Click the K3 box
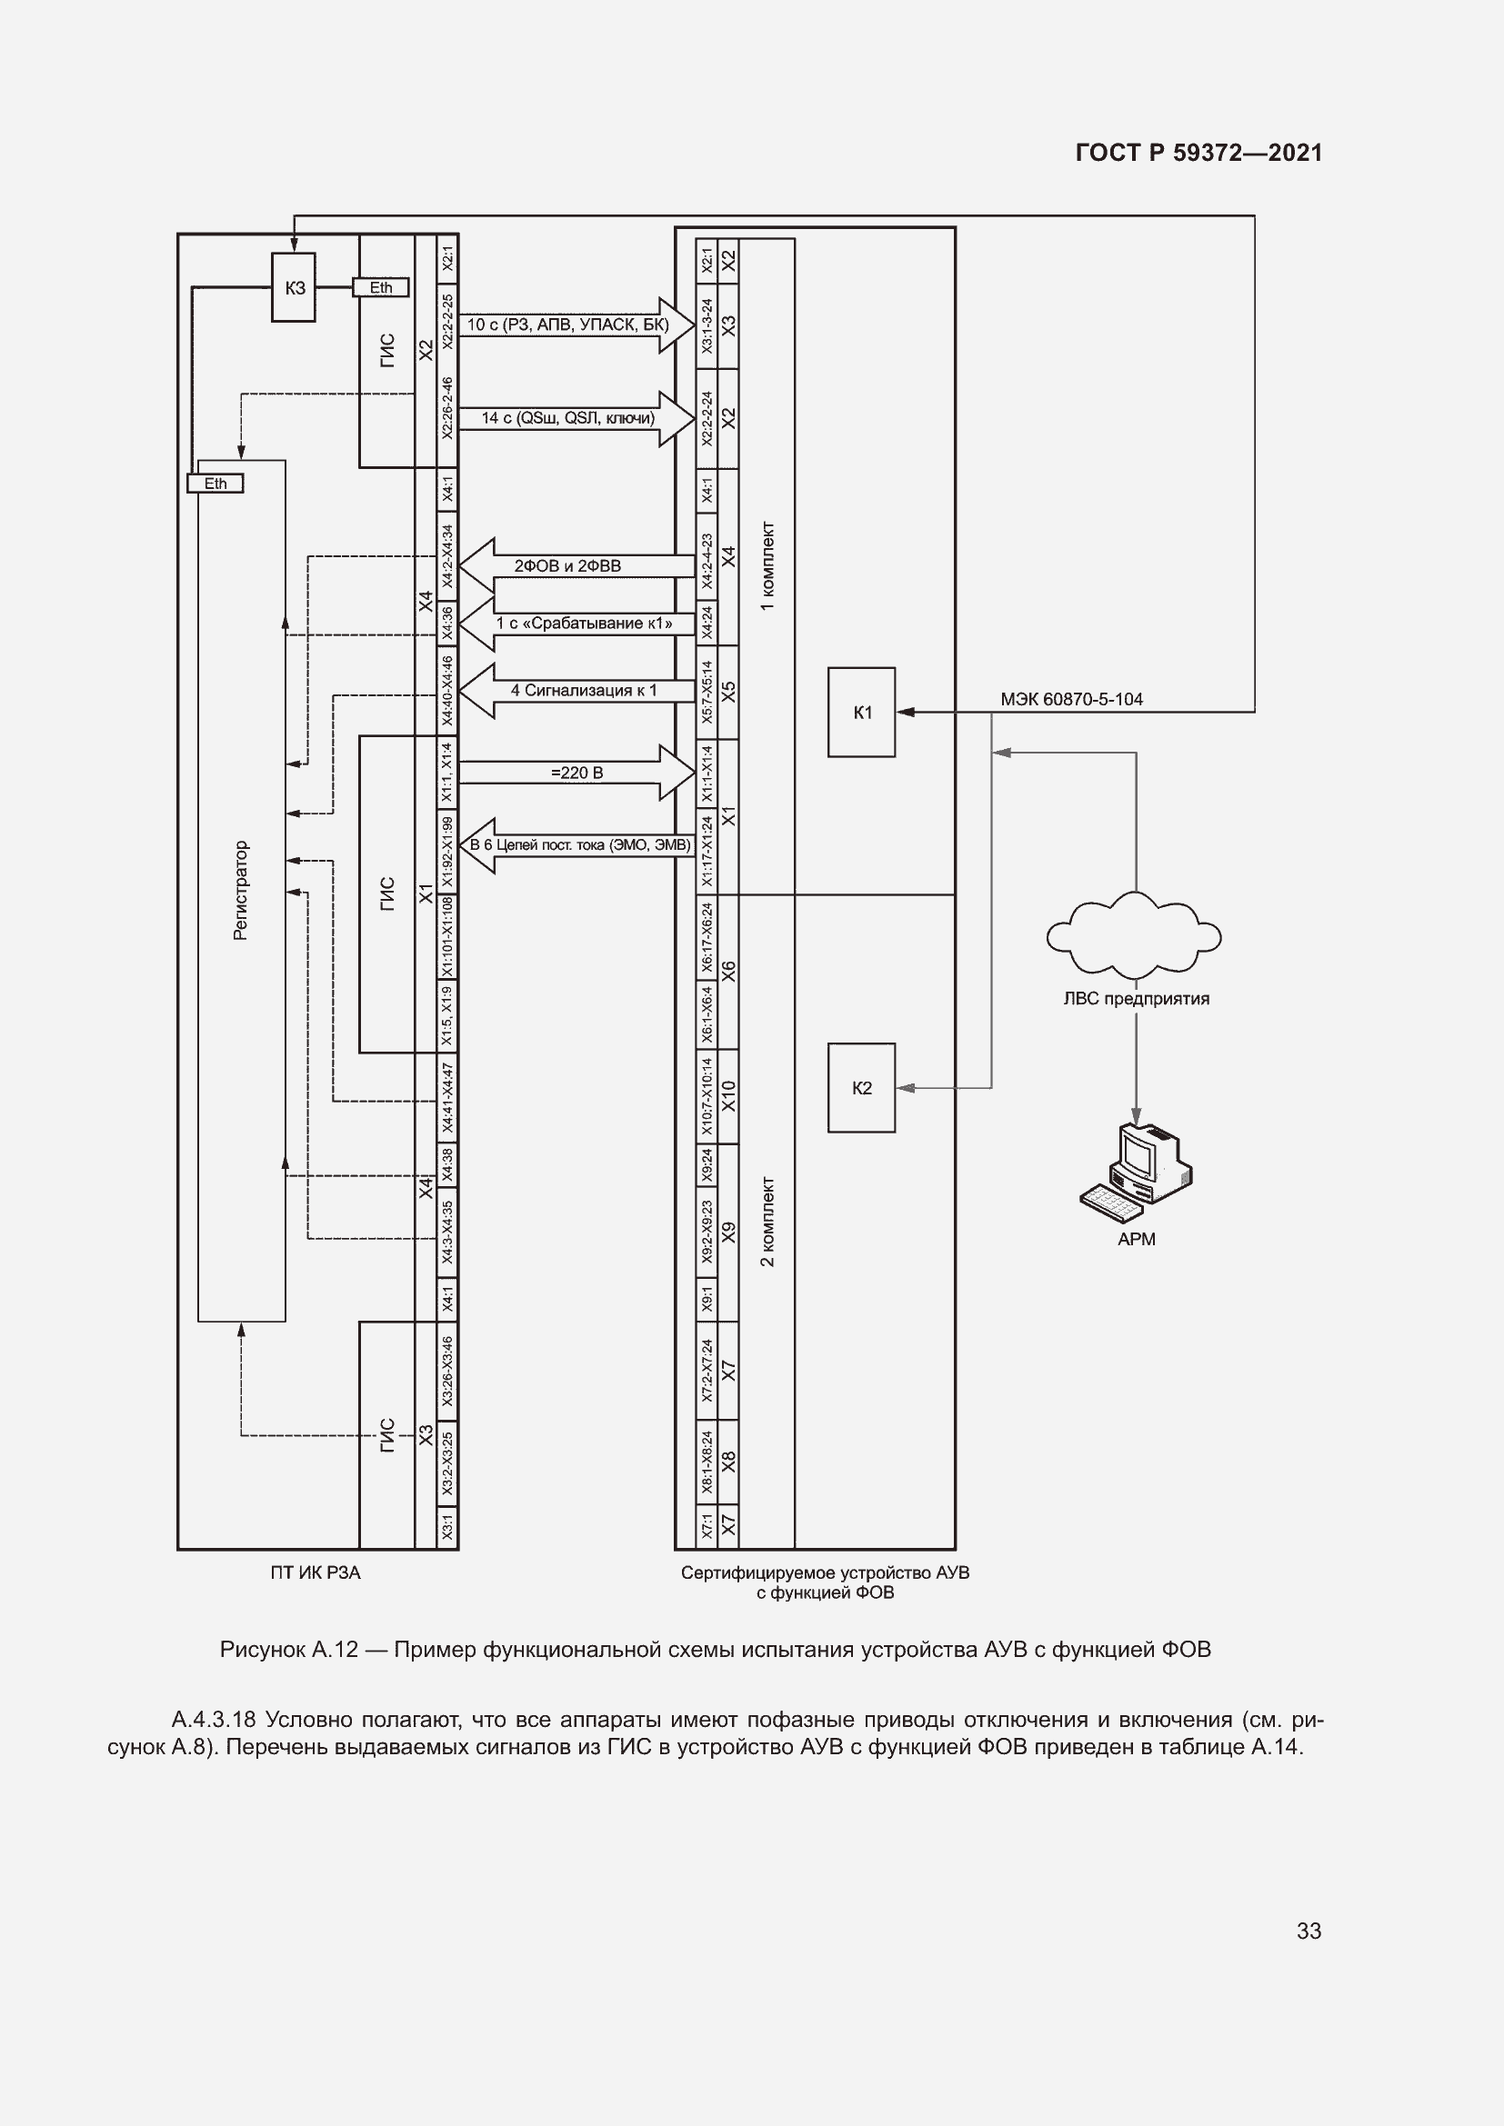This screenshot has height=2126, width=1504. [x=294, y=288]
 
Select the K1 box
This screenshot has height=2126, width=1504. [x=861, y=712]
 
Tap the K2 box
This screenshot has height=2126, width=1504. [x=861, y=1088]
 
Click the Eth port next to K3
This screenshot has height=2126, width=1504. [x=381, y=288]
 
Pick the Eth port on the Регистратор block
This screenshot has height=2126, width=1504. [x=215, y=484]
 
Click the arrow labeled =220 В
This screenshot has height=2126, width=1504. [x=576, y=773]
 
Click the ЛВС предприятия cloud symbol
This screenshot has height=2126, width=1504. [x=1135, y=935]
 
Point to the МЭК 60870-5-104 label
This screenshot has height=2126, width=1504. [x=1071, y=699]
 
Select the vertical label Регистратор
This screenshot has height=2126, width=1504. [x=241, y=891]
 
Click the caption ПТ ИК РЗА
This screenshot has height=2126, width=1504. [x=315, y=1572]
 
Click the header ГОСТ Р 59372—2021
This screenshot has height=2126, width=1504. [x=1198, y=153]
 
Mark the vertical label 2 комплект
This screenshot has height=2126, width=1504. [x=767, y=1222]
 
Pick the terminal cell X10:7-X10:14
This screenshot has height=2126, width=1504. [x=707, y=1096]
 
